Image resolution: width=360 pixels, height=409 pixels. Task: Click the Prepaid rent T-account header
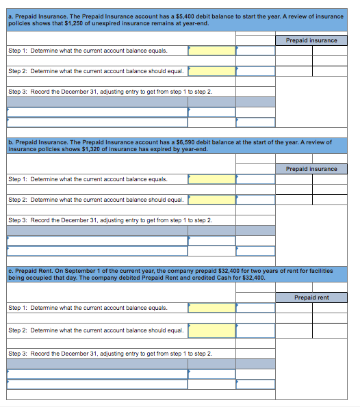311,298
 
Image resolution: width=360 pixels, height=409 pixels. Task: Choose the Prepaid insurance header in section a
311,40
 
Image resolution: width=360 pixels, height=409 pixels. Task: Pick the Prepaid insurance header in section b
311,169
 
